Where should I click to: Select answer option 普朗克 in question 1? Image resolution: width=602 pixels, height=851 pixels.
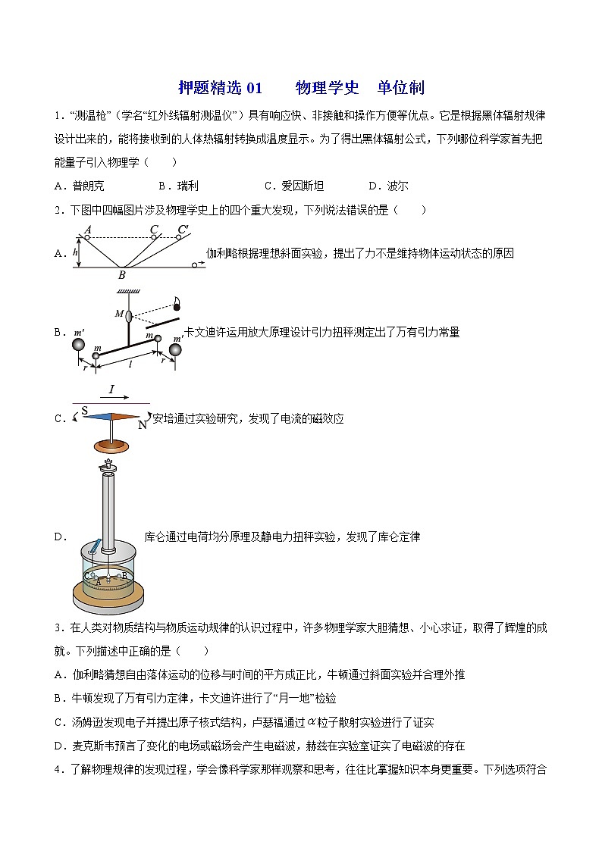89,186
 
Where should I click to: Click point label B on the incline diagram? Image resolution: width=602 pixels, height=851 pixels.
121,275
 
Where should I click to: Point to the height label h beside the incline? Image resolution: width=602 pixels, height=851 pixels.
77,253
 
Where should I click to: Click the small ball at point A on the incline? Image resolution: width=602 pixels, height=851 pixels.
89,238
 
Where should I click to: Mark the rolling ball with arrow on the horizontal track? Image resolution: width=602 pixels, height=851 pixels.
194,265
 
